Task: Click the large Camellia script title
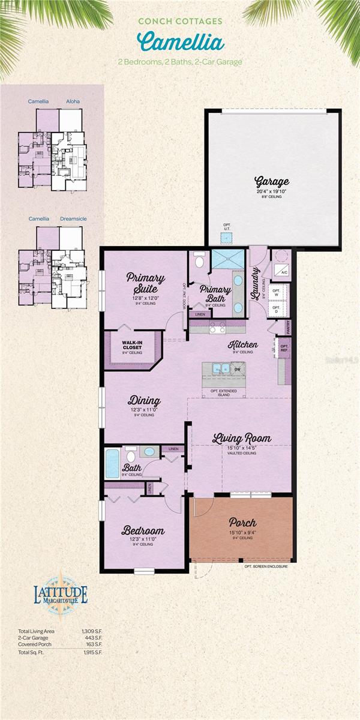[x=180, y=42]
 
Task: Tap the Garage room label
[x=272, y=181]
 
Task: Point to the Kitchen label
[x=243, y=345]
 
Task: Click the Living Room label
[x=242, y=439]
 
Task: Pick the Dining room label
[x=143, y=401]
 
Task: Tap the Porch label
[x=242, y=523]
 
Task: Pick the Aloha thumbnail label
[x=72, y=101]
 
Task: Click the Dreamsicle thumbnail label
[x=73, y=219]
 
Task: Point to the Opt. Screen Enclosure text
[x=266, y=566]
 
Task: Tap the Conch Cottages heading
[x=180, y=21]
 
